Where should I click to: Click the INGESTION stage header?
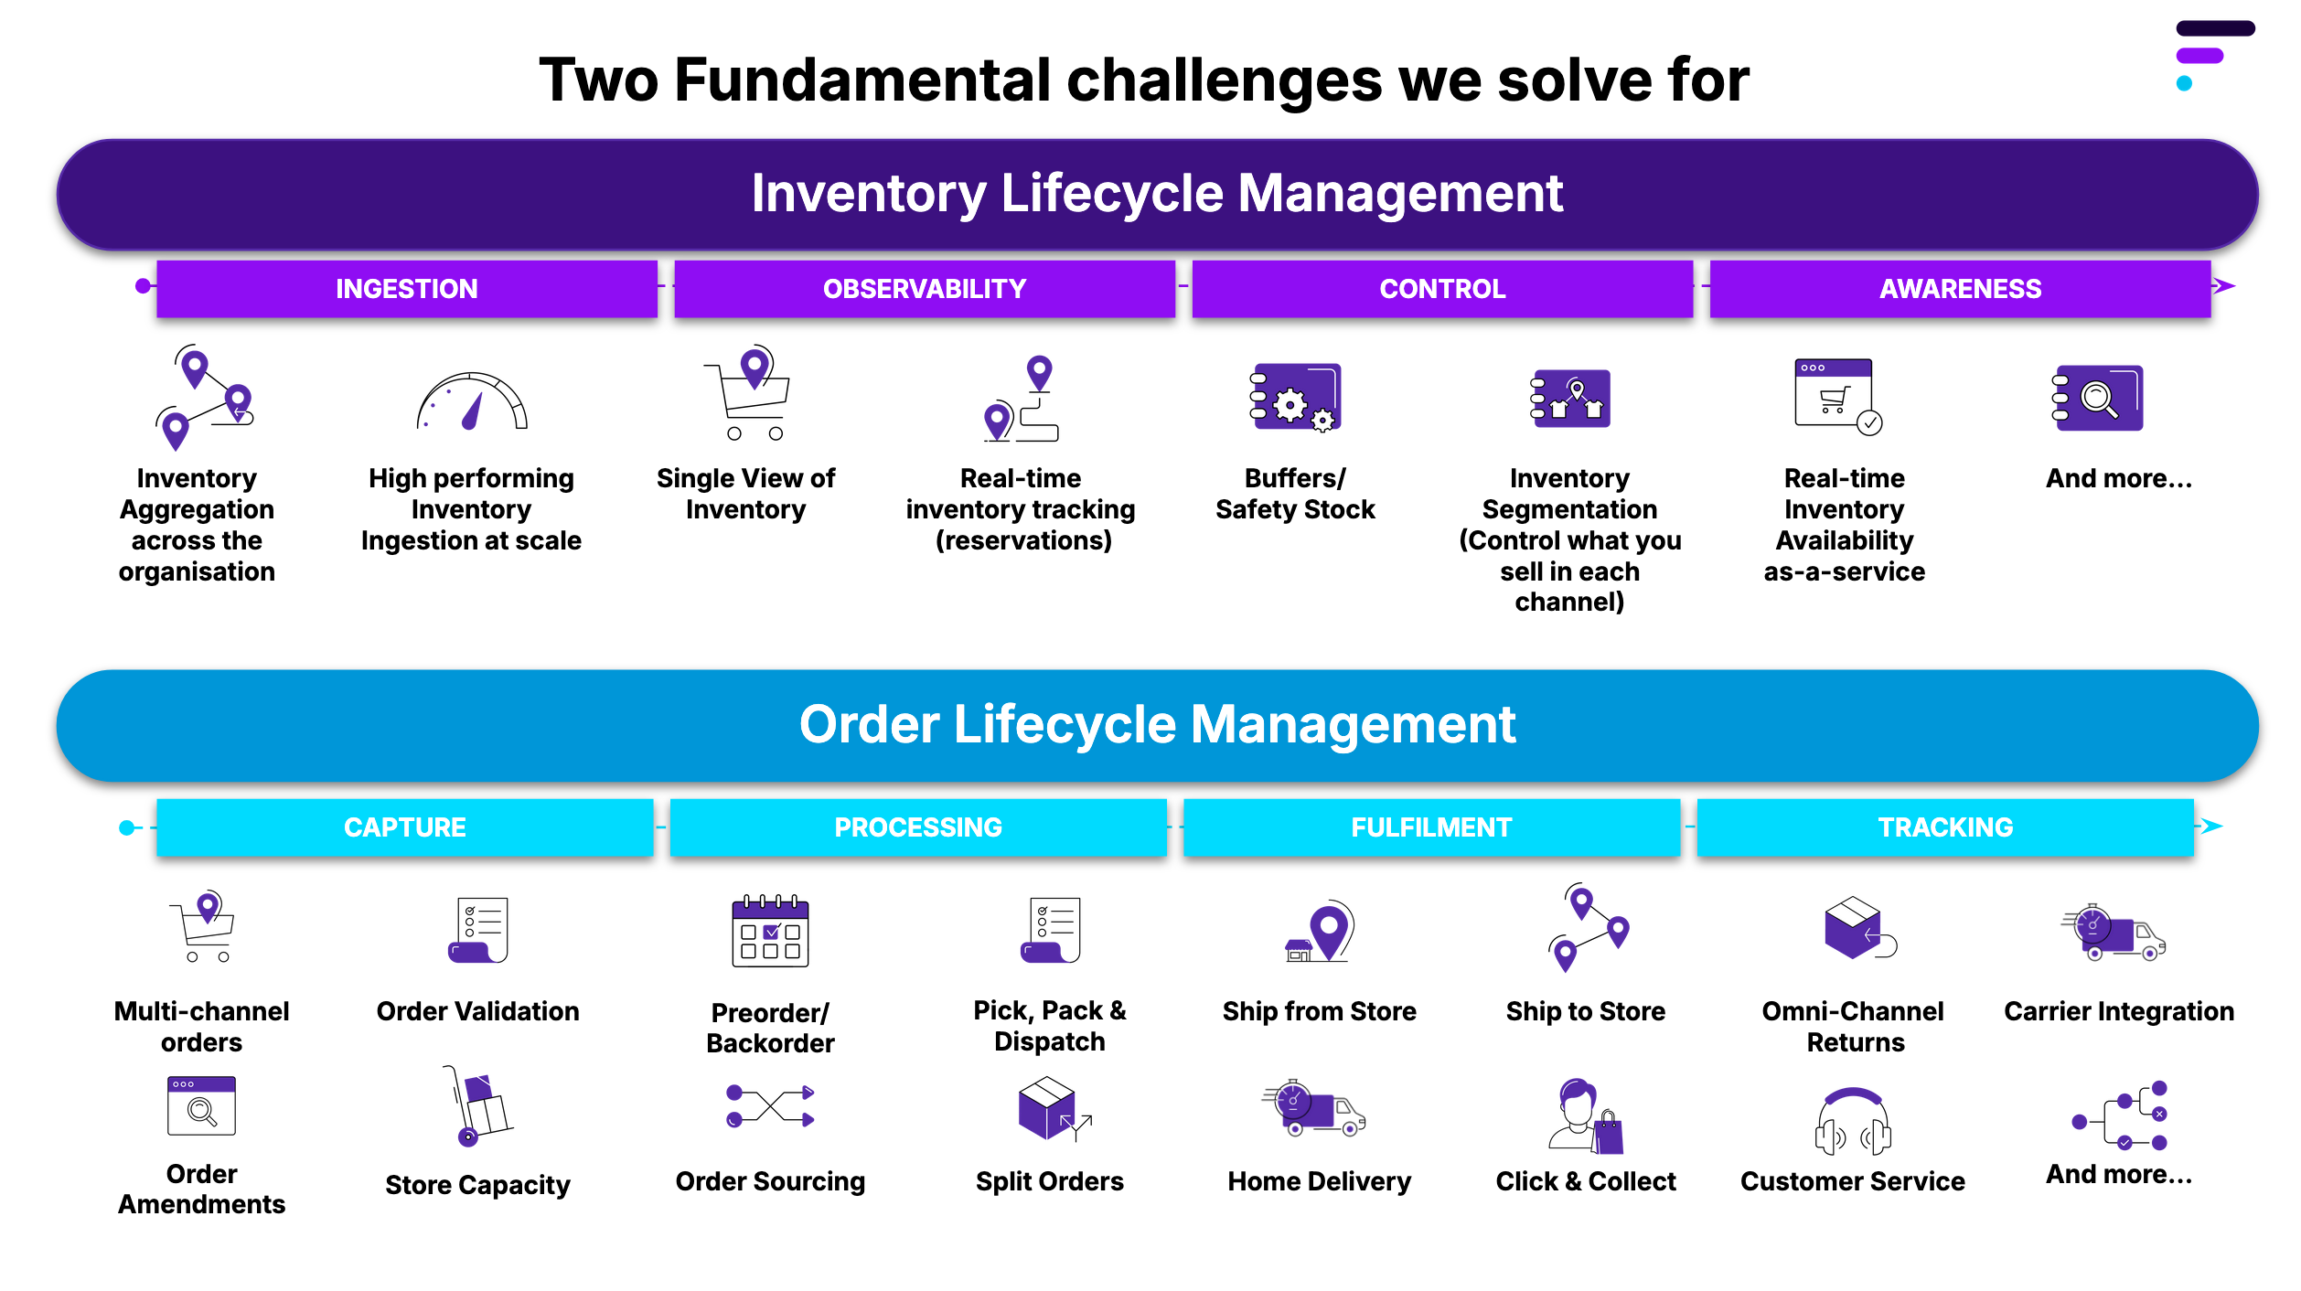click(x=406, y=289)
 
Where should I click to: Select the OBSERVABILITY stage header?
click(x=924, y=289)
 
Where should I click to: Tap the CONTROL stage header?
click(x=1441, y=289)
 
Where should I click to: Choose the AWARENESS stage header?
click(x=1959, y=289)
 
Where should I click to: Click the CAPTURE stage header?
click(x=404, y=827)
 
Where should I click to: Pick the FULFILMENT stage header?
click(x=1430, y=827)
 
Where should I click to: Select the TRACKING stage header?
click(x=1944, y=827)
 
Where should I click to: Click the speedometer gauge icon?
click(x=472, y=402)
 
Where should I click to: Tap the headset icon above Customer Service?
click(x=1852, y=1121)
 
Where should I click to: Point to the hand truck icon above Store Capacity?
click(x=477, y=1106)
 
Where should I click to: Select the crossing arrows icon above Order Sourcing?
click(x=770, y=1106)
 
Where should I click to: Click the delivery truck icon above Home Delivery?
click(x=1313, y=1108)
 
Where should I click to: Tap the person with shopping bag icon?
click(x=1585, y=1115)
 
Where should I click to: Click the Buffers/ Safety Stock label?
click(x=1295, y=494)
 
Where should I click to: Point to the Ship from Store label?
click(x=1319, y=1011)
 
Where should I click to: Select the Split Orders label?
click(x=1049, y=1181)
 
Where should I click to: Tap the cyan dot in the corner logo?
click(x=2184, y=84)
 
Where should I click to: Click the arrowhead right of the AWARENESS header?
click(x=2224, y=286)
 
